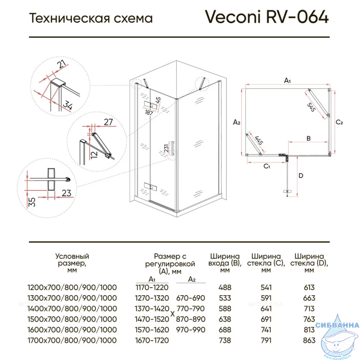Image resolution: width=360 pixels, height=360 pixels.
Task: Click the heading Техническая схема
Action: coord(90,18)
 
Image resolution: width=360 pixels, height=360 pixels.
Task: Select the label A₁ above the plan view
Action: coord(288,81)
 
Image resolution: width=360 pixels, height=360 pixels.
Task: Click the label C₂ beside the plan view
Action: coord(340,122)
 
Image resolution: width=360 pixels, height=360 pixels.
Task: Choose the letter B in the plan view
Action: coord(309,138)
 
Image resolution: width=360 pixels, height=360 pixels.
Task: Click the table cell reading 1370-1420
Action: coord(152,309)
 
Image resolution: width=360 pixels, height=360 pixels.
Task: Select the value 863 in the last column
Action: coord(309,341)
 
